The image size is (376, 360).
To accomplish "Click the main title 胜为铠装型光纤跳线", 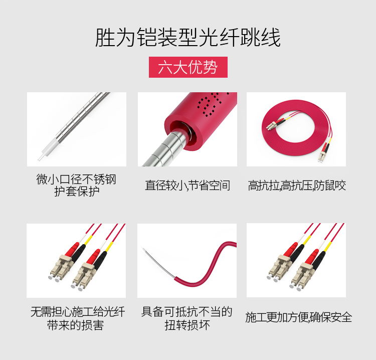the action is pyautogui.click(x=188, y=38).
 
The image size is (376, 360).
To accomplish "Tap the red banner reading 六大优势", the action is pyautogui.click(x=188, y=67).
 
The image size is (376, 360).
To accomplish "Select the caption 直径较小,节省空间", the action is pyautogui.click(x=187, y=186).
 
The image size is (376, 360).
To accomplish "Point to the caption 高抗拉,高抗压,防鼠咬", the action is pyautogui.click(x=297, y=186).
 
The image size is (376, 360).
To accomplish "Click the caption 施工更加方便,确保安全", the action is pyautogui.click(x=299, y=317).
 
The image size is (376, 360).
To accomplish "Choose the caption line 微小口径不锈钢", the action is pyautogui.click(x=76, y=179).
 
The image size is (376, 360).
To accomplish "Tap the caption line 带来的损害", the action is pyautogui.click(x=76, y=325).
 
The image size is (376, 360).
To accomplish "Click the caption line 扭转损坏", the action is pyautogui.click(x=187, y=325).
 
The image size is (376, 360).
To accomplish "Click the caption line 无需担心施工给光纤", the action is pyautogui.click(x=78, y=312).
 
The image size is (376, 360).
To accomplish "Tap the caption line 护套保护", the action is pyautogui.click(x=77, y=192).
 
